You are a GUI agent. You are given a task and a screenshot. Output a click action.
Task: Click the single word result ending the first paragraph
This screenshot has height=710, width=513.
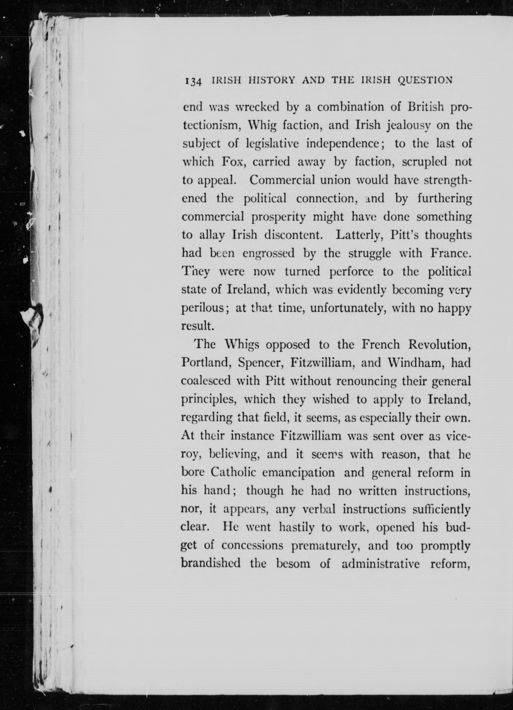197,326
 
